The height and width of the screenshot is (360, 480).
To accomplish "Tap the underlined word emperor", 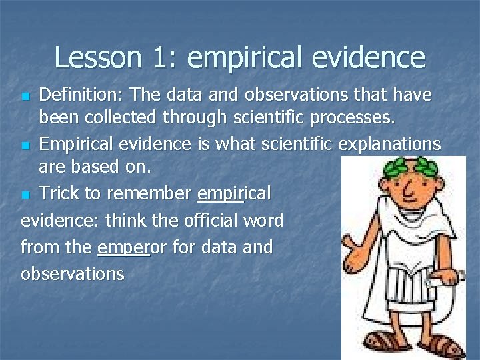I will pyautogui.click(x=124, y=247).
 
